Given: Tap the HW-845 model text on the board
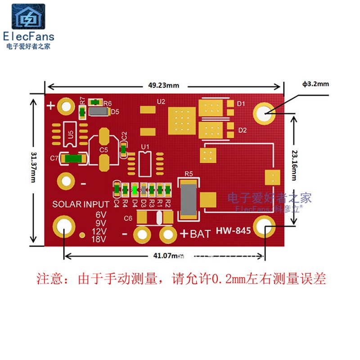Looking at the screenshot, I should tap(234, 231).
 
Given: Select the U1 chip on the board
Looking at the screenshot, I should tap(145, 163).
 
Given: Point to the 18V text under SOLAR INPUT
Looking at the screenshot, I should tap(99, 239).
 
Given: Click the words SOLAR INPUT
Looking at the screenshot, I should tap(81, 204).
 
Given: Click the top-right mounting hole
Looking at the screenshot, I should tap(264, 113).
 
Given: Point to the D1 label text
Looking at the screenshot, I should tap(241, 104).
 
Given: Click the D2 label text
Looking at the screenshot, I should tap(243, 130).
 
